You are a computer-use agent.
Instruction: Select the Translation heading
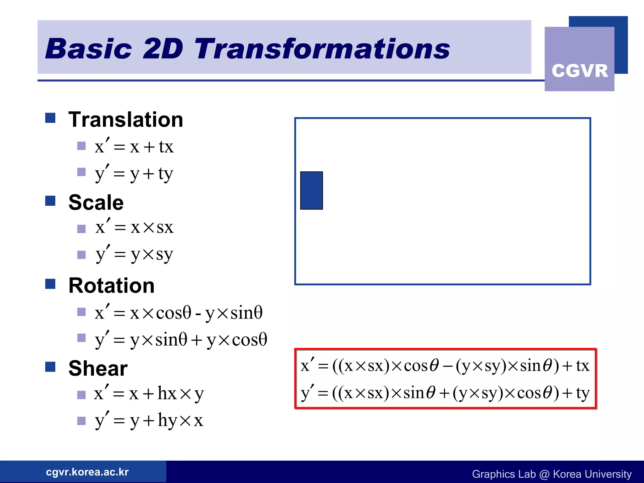126,119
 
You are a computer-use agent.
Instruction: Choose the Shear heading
98,368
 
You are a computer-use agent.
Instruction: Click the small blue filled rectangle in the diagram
311,190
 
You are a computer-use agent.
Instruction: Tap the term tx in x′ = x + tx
166,147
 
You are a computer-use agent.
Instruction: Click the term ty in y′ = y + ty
166,174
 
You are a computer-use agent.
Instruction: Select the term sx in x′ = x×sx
165,227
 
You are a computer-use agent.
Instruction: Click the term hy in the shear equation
167,420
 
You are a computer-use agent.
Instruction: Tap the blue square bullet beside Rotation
50,284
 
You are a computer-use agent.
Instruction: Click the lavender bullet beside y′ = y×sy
81,254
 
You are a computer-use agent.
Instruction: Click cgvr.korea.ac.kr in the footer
87,472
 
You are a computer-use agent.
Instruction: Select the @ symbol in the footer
544,474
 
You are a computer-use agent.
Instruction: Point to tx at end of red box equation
582,366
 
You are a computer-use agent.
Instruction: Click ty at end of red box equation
582,393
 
